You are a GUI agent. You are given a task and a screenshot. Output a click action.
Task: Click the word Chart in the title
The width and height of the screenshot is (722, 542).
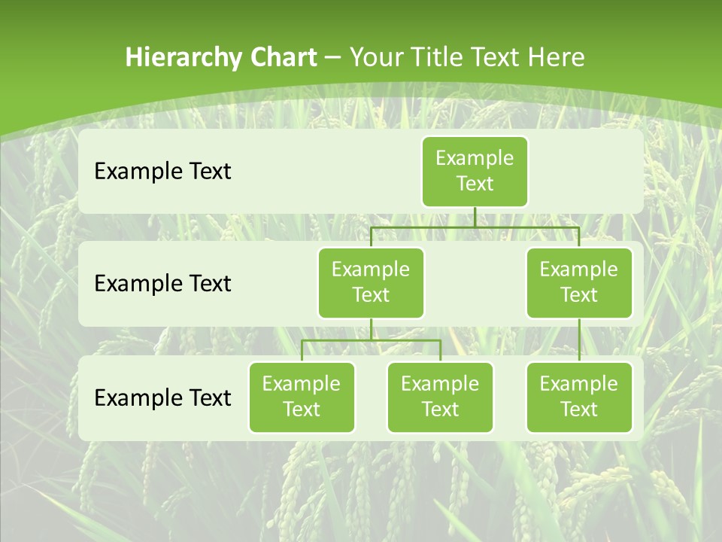point(284,57)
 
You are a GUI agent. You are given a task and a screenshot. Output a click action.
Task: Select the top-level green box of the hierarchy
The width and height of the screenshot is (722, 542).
point(475,172)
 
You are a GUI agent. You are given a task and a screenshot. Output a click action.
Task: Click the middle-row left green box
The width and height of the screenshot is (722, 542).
point(371,283)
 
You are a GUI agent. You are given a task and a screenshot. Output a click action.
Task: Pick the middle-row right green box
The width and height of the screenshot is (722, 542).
point(579,283)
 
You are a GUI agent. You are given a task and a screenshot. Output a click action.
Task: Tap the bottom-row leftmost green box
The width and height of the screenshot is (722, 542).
point(302,397)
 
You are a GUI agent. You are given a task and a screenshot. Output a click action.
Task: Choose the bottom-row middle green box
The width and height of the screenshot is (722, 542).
point(440,397)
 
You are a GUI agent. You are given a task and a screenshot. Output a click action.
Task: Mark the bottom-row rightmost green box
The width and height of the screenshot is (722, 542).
point(579,397)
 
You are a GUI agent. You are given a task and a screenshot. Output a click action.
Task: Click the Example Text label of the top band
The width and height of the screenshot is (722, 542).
point(162,172)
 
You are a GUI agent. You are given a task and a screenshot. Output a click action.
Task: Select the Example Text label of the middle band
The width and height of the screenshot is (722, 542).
point(162,284)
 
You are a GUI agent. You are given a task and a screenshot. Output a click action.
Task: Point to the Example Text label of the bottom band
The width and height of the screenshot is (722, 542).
point(162,397)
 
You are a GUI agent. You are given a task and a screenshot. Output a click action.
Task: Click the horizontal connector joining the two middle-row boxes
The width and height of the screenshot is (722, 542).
point(475,227)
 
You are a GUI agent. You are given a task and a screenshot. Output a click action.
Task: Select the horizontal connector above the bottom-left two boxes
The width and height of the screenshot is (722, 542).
point(371,340)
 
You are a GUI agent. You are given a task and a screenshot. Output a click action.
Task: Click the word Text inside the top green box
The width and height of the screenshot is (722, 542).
point(475,184)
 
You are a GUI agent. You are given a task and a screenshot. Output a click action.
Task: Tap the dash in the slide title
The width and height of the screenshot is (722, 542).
point(333,58)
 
